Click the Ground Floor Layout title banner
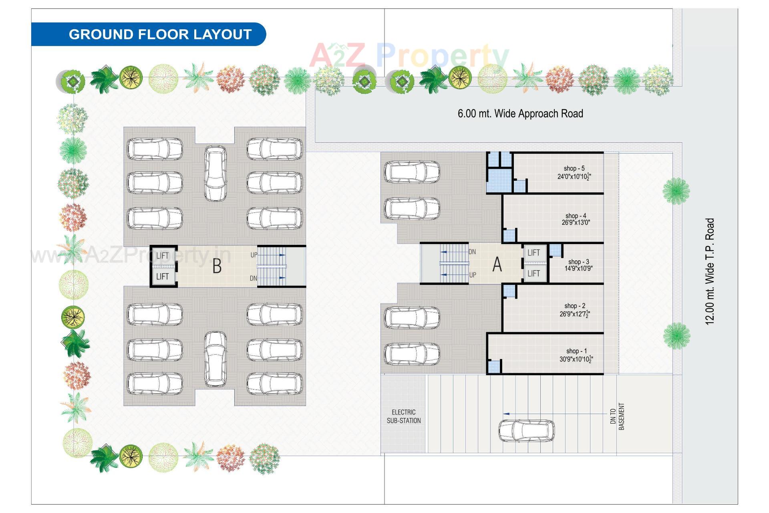click(160, 34)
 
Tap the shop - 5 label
click(574, 168)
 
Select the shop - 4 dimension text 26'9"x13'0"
click(576, 222)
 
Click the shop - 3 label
click(578, 262)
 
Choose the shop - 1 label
click(576, 351)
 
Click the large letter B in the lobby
click(217, 266)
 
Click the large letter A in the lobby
click(497, 265)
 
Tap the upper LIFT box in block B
click(163, 256)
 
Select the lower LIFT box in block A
click(533, 274)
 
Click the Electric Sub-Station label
click(404, 416)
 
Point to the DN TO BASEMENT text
click(617, 416)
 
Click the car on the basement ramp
click(526, 431)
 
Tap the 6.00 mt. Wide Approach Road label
click(520, 113)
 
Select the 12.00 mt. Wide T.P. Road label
click(710, 271)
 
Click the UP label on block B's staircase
click(254, 255)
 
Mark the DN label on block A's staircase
click(472, 252)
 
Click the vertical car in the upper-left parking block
click(215, 173)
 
